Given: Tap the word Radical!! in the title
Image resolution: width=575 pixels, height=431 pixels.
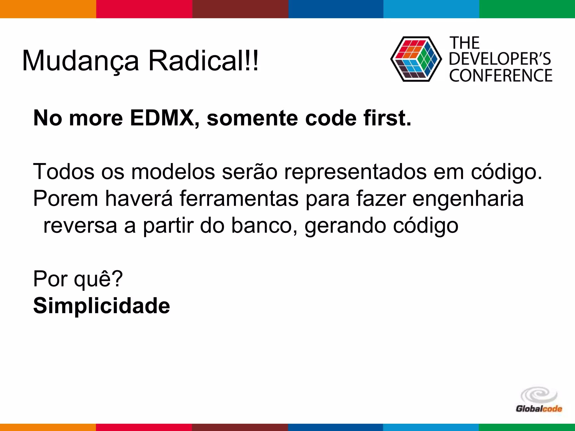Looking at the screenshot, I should pos(203,61).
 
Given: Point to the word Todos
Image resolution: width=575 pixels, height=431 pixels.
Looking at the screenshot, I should pos(64,172).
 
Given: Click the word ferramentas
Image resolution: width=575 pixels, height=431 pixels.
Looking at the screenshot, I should pos(239,199).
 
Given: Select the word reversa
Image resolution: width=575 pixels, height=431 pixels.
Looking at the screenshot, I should pos(80,226).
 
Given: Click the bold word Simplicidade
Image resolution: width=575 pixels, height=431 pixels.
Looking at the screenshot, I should pos(102,306).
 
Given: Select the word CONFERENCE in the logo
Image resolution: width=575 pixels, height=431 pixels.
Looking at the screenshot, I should pos(501,76).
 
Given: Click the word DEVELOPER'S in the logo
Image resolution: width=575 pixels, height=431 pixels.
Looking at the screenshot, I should pos(500,59).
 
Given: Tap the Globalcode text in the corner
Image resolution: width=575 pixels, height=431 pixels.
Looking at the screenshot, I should pos(539,409).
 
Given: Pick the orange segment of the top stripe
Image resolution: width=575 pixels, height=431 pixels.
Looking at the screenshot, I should pos(48,9).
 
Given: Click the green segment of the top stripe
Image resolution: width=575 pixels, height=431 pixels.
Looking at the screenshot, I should pos(527,9).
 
